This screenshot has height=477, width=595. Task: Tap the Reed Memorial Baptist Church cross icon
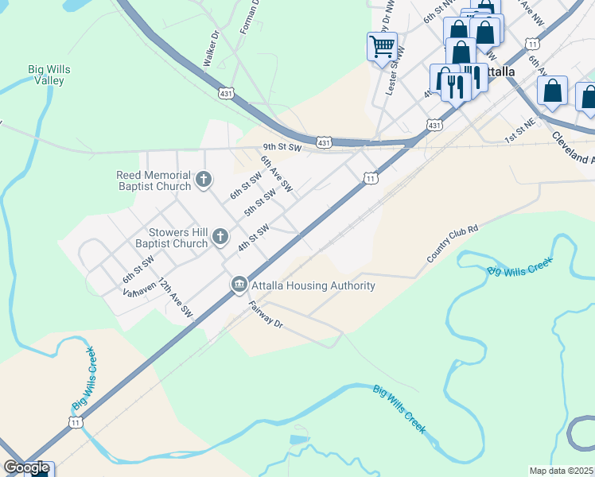[x=204, y=180]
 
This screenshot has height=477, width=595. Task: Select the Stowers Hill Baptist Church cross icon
[x=220, y=237]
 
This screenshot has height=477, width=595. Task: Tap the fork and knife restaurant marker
[x=455, y=81]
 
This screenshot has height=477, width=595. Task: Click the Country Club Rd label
[x=452, y=244]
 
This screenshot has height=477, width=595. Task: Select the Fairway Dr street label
[x=265, y=315]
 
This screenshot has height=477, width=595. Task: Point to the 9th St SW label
[x=283, y=148]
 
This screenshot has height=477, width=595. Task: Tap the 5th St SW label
[x=260, y=203]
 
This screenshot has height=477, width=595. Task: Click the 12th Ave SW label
[x=174, y=299]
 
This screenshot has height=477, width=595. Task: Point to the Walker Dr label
[x=211, y=48]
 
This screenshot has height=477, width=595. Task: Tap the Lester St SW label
[x=395, y=72]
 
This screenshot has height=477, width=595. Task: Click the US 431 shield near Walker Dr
[x=227, y=94]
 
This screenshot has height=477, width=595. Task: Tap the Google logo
[x=26, y=467]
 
